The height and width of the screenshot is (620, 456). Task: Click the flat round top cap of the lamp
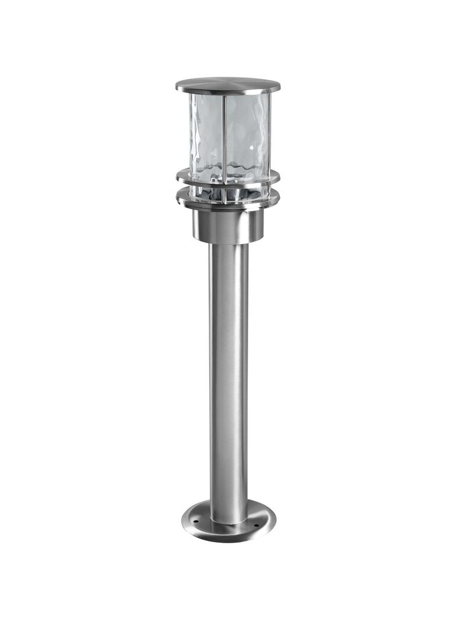tap(227, 84)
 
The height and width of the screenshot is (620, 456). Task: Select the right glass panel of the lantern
tap(247, 134)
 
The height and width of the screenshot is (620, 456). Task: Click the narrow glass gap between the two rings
tap(228, 190)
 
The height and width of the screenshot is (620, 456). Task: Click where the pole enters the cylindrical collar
tap(229, 243)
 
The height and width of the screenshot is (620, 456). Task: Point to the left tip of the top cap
tap(177, 87)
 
